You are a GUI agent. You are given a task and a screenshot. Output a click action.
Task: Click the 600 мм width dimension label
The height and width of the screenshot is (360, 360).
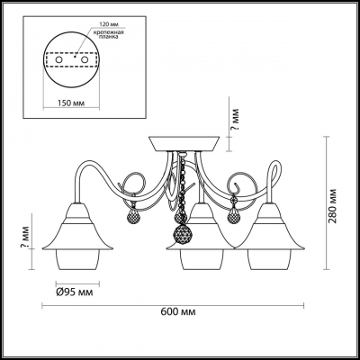pos(178,311)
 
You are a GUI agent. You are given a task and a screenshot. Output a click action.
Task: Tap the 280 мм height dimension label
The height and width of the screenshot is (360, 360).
pos(332,206)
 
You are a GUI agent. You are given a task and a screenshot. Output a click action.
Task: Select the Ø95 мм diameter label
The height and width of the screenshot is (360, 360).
pos(75,292)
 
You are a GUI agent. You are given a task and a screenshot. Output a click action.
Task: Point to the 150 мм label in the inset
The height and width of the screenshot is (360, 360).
pos(71,103)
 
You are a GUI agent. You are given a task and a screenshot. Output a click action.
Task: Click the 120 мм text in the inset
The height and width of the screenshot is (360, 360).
pos(106,23)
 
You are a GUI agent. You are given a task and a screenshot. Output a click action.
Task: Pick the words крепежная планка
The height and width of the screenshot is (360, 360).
pos(107,34)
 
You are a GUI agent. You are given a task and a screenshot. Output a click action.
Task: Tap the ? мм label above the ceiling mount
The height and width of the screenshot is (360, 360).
pos(236,119)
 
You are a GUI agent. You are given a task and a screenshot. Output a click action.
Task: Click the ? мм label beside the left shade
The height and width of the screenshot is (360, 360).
pos(26,236)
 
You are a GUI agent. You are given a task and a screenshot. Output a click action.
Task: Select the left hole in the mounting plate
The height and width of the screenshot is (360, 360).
pos(58,59)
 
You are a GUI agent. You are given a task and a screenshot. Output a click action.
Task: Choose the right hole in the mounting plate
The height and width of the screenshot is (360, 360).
pos(85,59)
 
